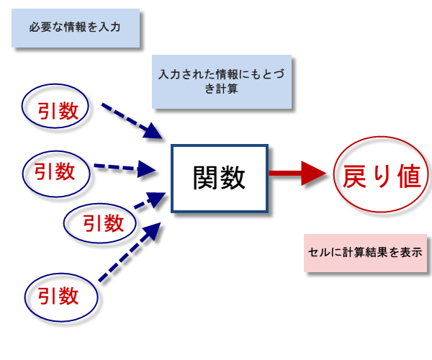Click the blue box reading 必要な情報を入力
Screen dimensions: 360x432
(74, 28)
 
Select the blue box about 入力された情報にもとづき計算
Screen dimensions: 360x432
(222, 82)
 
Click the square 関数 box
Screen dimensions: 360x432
(219, 179)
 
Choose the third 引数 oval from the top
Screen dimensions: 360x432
(100, 222)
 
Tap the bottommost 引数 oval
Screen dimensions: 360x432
(60, 295)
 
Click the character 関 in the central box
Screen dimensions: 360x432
(206, 179)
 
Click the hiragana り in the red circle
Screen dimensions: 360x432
(382, 176)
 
